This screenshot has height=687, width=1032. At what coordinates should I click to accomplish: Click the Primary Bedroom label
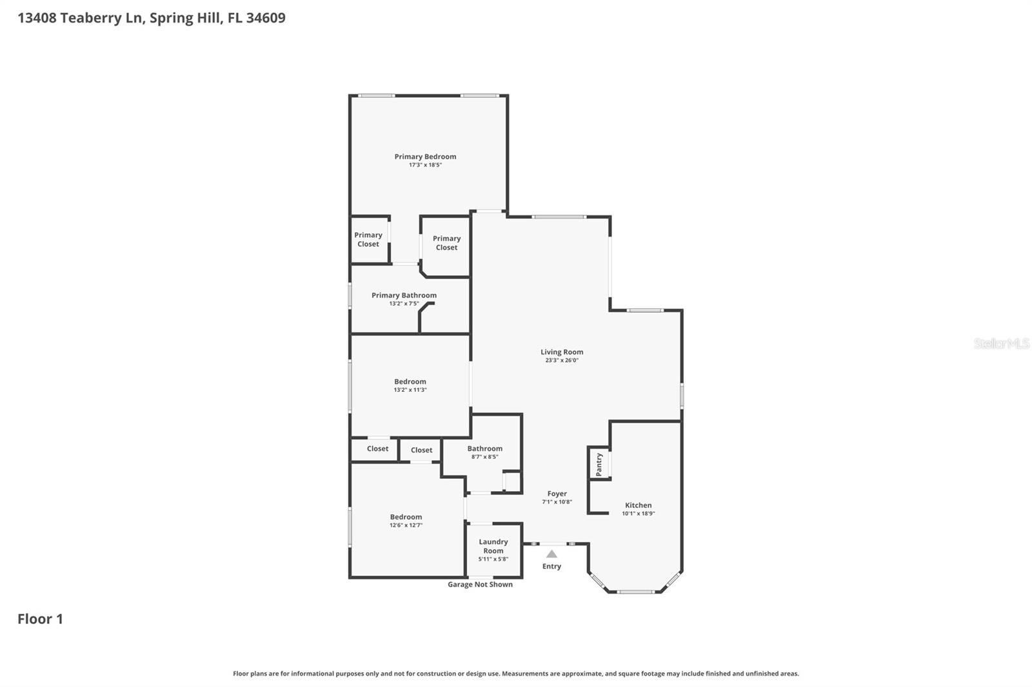click(x=425, y=157)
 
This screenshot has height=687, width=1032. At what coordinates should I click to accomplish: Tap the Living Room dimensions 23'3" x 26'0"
click(x=562, y=360)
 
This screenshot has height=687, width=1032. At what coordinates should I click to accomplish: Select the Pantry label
click(x=599, y=464)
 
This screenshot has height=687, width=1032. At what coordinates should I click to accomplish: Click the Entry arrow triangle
click(x=551, y=554)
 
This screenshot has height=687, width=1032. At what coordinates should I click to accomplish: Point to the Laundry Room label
click(x=493, y=546)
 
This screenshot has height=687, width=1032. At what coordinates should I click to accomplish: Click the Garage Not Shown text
click(x=480, y=585)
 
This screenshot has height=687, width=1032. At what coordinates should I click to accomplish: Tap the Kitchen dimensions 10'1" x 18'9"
click(x=638, y=514)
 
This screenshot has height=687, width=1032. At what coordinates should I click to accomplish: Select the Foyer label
click(x=557, y=494)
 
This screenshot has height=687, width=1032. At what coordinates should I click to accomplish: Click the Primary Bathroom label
click(x=404, y=295)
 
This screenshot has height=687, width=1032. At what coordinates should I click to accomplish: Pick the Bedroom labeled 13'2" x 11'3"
click(x=410, y=382)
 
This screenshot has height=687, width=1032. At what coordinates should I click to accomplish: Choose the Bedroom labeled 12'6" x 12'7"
click(x=406, y=517)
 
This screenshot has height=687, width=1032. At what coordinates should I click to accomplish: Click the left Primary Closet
click(x=368, y=240)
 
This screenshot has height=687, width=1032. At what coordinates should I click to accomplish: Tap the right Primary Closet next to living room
click(x=446, y=243)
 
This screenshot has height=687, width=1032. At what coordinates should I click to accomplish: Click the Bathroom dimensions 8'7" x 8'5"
click(x=484, y=457)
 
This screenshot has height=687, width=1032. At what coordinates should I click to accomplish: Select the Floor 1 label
click(x=40, y=619)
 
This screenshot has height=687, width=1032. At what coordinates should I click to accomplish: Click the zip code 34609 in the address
click(x=265, y=17)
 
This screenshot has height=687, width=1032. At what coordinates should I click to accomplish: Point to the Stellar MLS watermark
click(x=1001, y=343)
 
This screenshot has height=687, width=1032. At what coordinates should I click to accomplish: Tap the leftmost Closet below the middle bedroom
click(x=377, y=449)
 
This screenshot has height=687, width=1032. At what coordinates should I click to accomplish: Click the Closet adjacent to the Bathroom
click(x=421, y=450)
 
